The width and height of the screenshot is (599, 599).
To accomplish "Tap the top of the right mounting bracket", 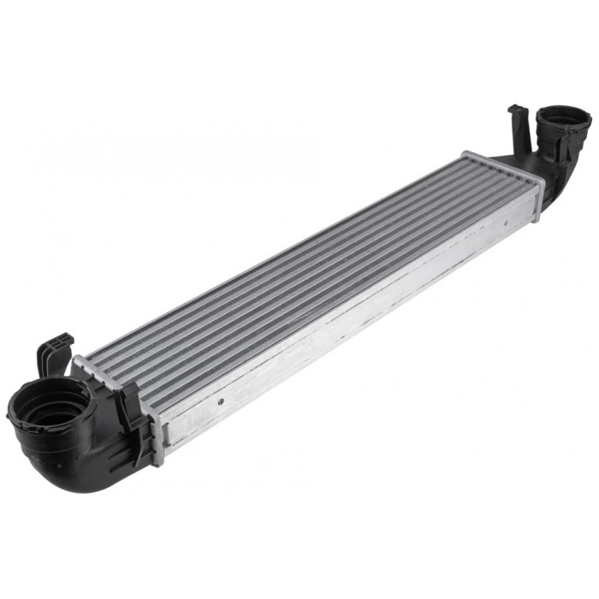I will pos(518,112).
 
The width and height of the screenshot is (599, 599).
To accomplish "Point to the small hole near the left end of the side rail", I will pos(221,400).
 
